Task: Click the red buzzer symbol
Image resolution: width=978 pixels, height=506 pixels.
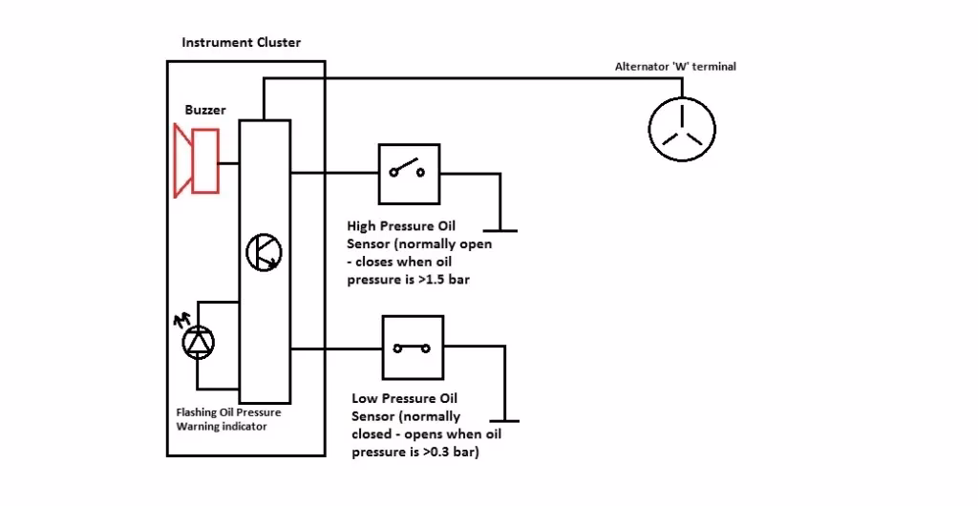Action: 197,160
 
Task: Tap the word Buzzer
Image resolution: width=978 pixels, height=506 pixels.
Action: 205,110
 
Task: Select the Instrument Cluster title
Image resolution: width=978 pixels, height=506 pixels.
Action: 241,42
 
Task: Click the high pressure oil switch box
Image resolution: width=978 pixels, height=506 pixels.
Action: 409,174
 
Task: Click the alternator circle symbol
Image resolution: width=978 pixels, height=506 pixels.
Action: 682,129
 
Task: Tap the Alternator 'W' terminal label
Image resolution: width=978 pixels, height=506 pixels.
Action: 675,67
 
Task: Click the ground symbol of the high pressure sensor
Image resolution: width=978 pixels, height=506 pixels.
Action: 500,230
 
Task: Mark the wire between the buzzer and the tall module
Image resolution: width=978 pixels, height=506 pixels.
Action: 229,161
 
